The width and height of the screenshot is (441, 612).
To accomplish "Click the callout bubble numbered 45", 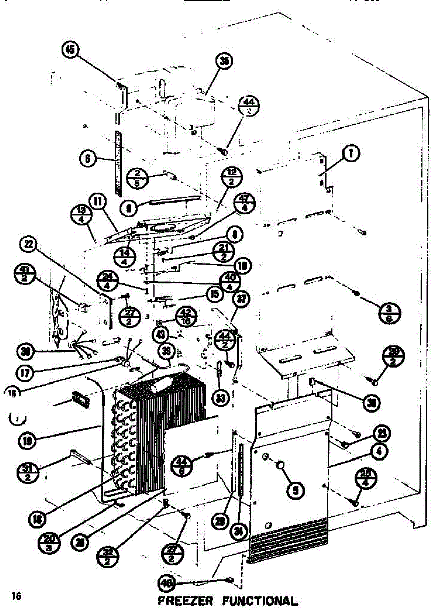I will (70, 50).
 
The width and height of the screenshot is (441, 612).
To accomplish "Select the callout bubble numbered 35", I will (224, 62).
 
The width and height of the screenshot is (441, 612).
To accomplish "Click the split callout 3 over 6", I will (390, 312).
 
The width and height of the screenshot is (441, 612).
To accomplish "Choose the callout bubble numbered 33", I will (220, 397).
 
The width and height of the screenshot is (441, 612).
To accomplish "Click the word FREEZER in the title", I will (183, 601).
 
